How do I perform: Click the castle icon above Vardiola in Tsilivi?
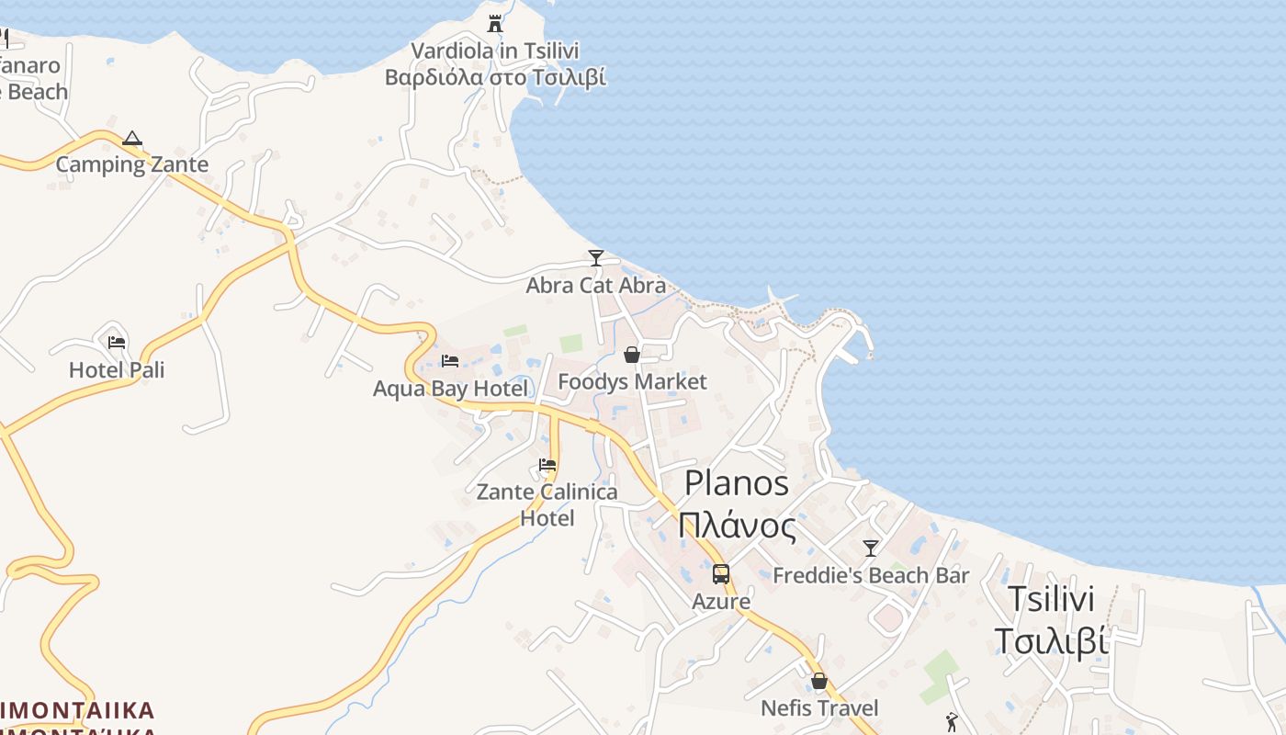point(495,23)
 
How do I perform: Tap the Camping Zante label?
point(132,164)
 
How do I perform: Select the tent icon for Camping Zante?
point(132,139)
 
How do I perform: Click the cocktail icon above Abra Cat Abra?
point(596,258)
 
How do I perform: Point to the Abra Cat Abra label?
point(595,285)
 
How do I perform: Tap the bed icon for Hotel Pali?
point(117,343)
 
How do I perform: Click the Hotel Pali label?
point(117,369)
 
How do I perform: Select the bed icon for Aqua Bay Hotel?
point(450,361)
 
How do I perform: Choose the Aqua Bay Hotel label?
point(450,389)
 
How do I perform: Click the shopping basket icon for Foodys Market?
point(632,355)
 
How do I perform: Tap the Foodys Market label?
point(632,381)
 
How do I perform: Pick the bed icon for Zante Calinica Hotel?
point(547,465)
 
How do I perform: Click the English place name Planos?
point(737,483)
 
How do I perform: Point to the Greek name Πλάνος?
point(737,526)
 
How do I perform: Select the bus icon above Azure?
point(721,574)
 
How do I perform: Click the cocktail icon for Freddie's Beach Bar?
point(871,548)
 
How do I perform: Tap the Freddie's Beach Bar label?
point(871,576)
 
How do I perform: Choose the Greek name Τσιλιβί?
point(1052,641)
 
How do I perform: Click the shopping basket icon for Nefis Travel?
point(819,682)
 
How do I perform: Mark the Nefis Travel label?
point(819,708)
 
